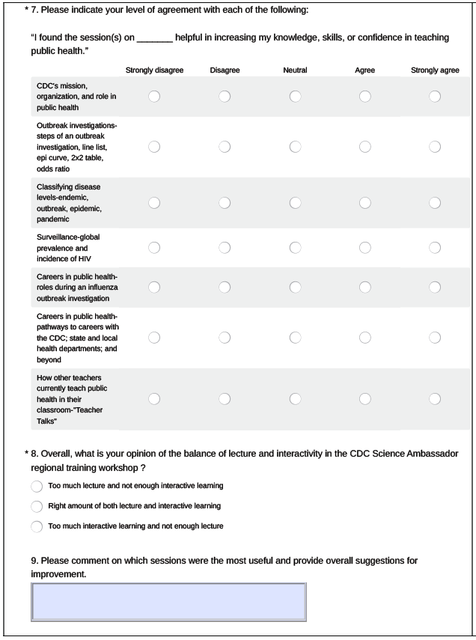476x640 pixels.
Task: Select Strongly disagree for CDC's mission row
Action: point(154,97)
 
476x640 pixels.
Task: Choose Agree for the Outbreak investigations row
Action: point(365,147)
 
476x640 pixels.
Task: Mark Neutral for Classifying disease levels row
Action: point(295,202)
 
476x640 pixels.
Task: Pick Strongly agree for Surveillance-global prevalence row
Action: point(435,247)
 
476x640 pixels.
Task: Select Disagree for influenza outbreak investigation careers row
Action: point(225,287)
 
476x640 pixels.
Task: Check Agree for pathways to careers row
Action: point(365,337)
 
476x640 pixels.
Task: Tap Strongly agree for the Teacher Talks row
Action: point(435,398)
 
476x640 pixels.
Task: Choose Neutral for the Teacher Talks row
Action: point(295,398)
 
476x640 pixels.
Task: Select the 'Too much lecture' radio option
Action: point(37,487)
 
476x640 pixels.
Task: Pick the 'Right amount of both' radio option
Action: point(37,506)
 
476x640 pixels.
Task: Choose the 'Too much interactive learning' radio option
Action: point(37,526)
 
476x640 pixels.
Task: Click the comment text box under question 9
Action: point(168,602)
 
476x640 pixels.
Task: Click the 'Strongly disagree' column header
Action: point(154,70)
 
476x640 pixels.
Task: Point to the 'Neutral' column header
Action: point(295,70)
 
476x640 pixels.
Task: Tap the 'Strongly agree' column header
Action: point(435,70)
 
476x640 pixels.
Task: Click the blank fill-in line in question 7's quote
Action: point(155,38)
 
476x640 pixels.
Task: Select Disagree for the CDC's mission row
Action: point(225,97)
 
